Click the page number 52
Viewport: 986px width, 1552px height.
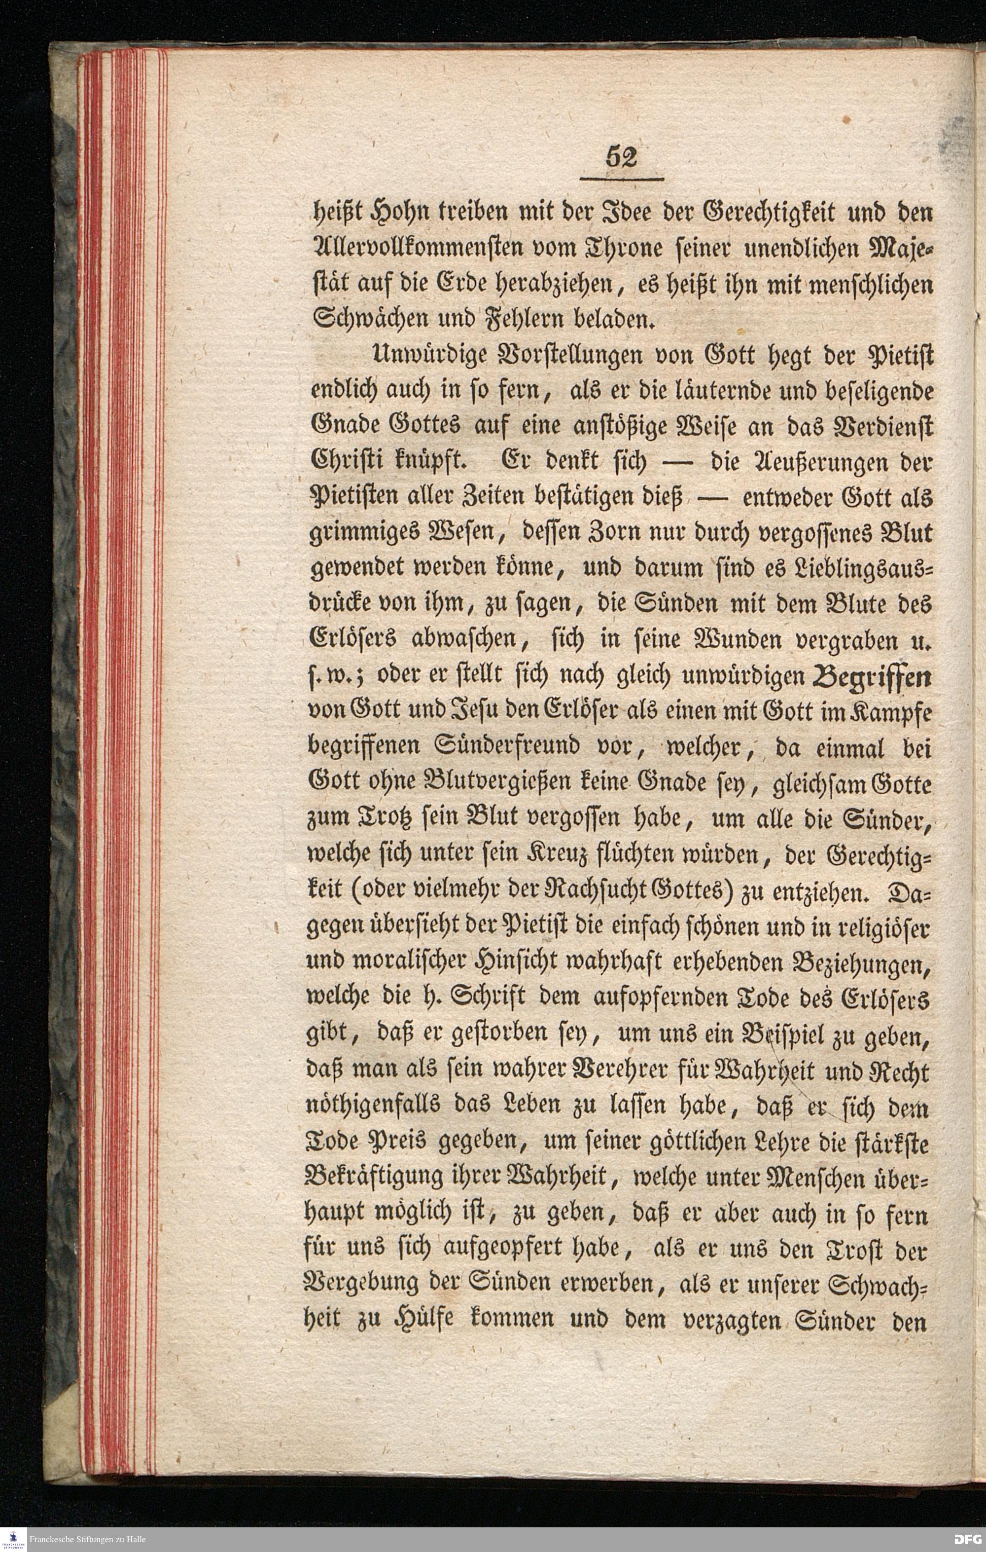pyautogui.click(x=621, y=156)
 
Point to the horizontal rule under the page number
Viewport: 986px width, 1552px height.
pyautogui.click(x=622, y=179)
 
